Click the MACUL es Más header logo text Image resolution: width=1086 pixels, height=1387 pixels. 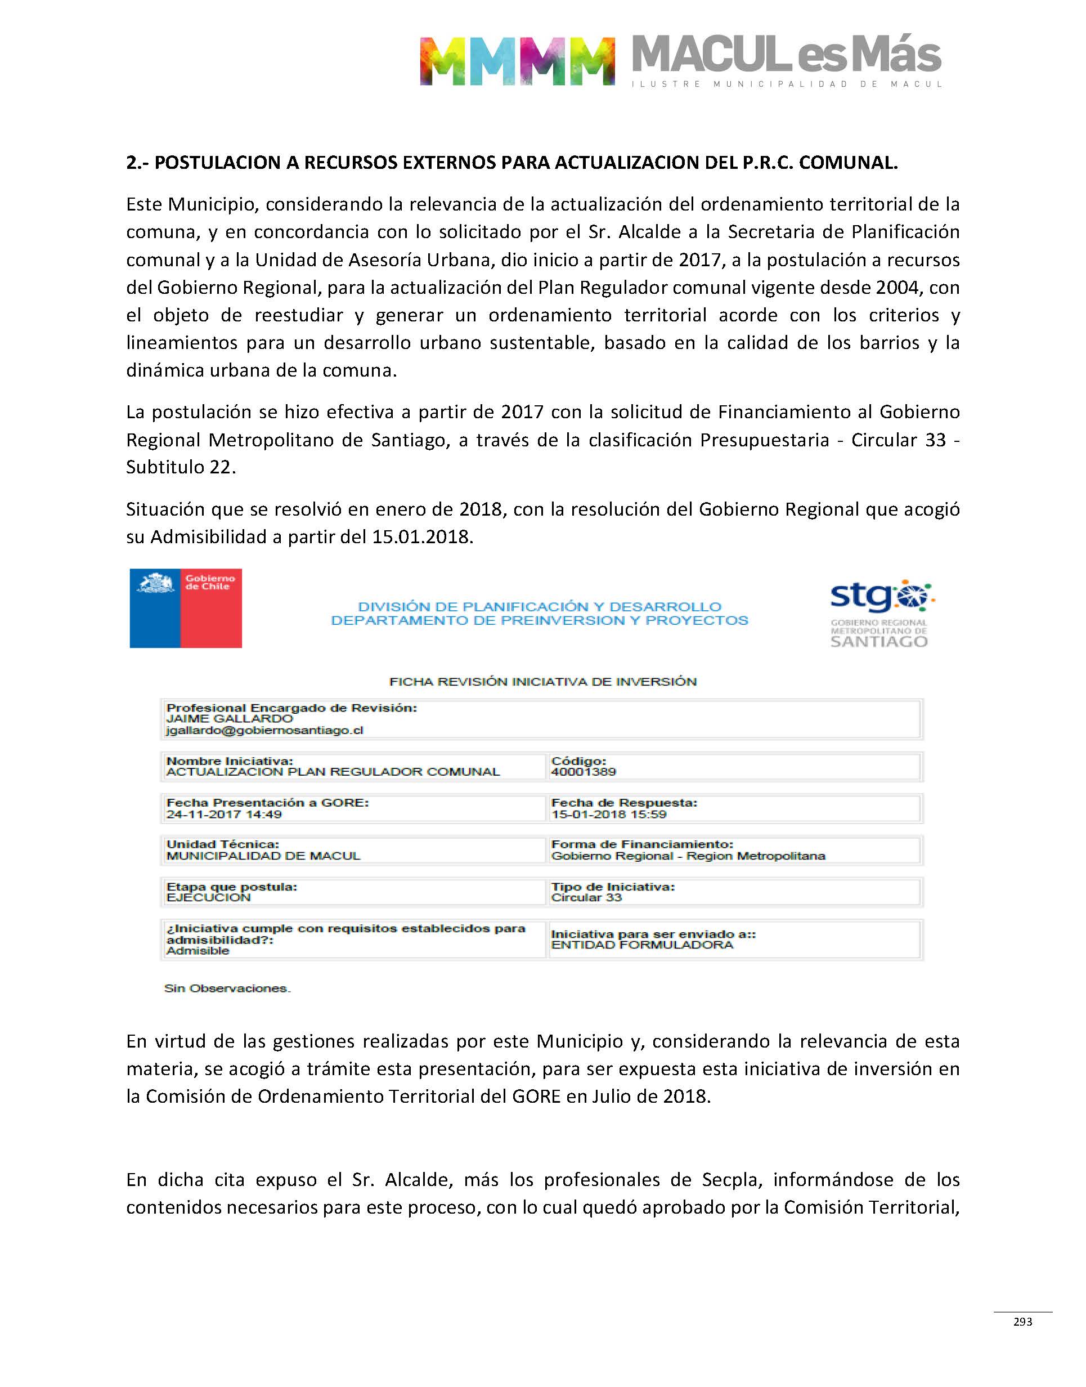786,56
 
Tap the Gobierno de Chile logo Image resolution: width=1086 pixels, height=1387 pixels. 186,608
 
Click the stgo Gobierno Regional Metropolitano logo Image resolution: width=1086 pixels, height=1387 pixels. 880,614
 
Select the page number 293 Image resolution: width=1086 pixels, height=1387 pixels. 1022,1322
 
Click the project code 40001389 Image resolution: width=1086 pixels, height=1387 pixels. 583,772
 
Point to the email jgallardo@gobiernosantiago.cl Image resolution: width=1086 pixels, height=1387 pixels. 264,730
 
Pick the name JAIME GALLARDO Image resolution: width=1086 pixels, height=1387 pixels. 230,719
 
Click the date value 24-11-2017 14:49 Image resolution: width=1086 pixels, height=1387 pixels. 224,814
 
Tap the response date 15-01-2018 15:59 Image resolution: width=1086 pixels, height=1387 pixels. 608,814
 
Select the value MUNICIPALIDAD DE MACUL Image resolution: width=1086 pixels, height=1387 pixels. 263,856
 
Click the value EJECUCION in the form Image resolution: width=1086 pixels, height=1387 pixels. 209,897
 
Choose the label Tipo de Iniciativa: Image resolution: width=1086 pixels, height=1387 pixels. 612,887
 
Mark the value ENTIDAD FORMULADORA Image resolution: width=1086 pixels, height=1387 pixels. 641,945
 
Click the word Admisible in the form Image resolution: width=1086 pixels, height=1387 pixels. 198,951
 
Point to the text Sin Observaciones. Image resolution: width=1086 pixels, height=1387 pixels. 227,988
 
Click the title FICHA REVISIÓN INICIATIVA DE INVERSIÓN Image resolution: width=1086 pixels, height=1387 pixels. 543,682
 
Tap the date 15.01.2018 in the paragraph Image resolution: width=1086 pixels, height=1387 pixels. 422,537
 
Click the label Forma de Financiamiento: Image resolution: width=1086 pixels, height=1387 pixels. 642,844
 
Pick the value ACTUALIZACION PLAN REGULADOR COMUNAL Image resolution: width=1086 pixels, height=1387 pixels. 333,772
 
